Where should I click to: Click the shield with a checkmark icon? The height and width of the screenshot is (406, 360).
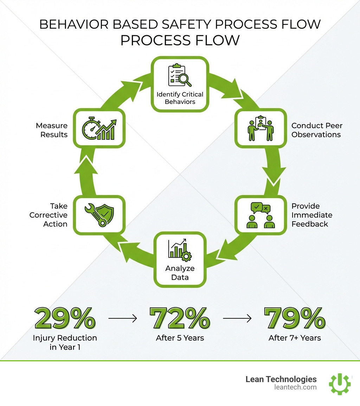pyautogui.click(x=105, y=214)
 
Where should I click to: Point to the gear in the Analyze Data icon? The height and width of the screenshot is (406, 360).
pyautogui.click(x=186, y=256)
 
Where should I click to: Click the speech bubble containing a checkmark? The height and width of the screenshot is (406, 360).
pyautogui.click(x=257, y=208)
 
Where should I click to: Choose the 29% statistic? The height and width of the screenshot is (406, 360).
pyautogui.click(x=65, y=318)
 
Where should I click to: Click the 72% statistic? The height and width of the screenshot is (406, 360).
pyautogui.click(x=180, y=318)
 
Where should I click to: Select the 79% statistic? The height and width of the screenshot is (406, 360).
pyautogui.click(x=295, y=318)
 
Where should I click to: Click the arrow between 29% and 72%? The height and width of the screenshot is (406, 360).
pyautogui.click(x=123, y=318)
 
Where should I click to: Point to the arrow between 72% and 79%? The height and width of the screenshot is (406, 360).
pyautogui.click(x=237, y=318)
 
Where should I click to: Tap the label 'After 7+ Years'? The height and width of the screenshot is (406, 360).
pyautogui.click(x=295, y=338)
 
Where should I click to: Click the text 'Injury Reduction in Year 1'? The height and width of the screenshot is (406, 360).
pyautogui.click(x=65, y=342)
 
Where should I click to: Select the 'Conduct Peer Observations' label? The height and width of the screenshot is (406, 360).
pyautogui.click(x=317, y=130)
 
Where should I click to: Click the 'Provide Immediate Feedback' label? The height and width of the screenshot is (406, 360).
pyautogui.click(x=312, y=215)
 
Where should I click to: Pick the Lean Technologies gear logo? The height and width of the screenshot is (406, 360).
pyautogui.click(x=340, y=384)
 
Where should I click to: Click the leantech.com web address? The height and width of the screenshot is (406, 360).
pyautogui.click(x=295, y=387)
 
